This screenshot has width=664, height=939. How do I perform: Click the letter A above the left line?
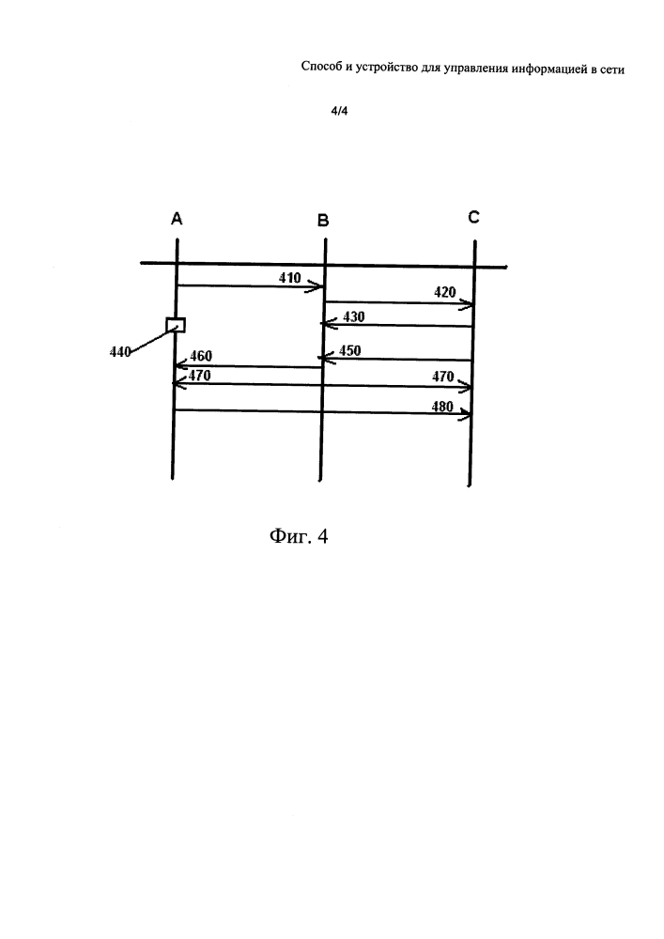[x=177, y=219]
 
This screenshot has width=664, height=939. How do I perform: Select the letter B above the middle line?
[x=323, y=221]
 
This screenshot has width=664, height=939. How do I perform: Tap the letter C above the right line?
[x=473, y=217]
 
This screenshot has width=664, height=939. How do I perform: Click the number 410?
[x=290, y=278]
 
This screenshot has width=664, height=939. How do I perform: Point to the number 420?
[x=445, y=292]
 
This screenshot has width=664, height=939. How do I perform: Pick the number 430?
[x=354, y=316]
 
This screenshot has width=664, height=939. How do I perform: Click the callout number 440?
[x=120, y=352]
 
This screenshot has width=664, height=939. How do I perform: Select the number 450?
[x=349, y=350]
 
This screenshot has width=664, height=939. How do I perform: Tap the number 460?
[x=201, y=356]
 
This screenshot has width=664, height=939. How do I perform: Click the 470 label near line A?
[x=199, y=376]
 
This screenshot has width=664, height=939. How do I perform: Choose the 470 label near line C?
[x=443, y=377]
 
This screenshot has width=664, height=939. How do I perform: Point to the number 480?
[x=442, y=408]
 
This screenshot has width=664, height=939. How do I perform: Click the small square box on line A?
[x=176, y=325]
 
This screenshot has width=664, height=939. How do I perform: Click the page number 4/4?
[x=339, y=112]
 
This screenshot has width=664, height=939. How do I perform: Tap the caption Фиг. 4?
[x=299, y=535]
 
